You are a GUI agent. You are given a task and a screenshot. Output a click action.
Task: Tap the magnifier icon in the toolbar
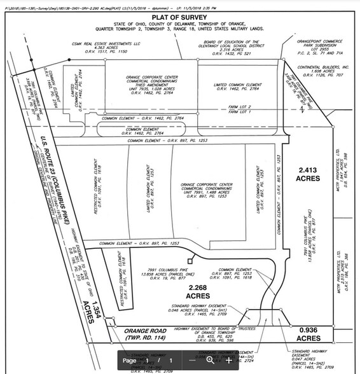pyautogui.click(x=211, y=361)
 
